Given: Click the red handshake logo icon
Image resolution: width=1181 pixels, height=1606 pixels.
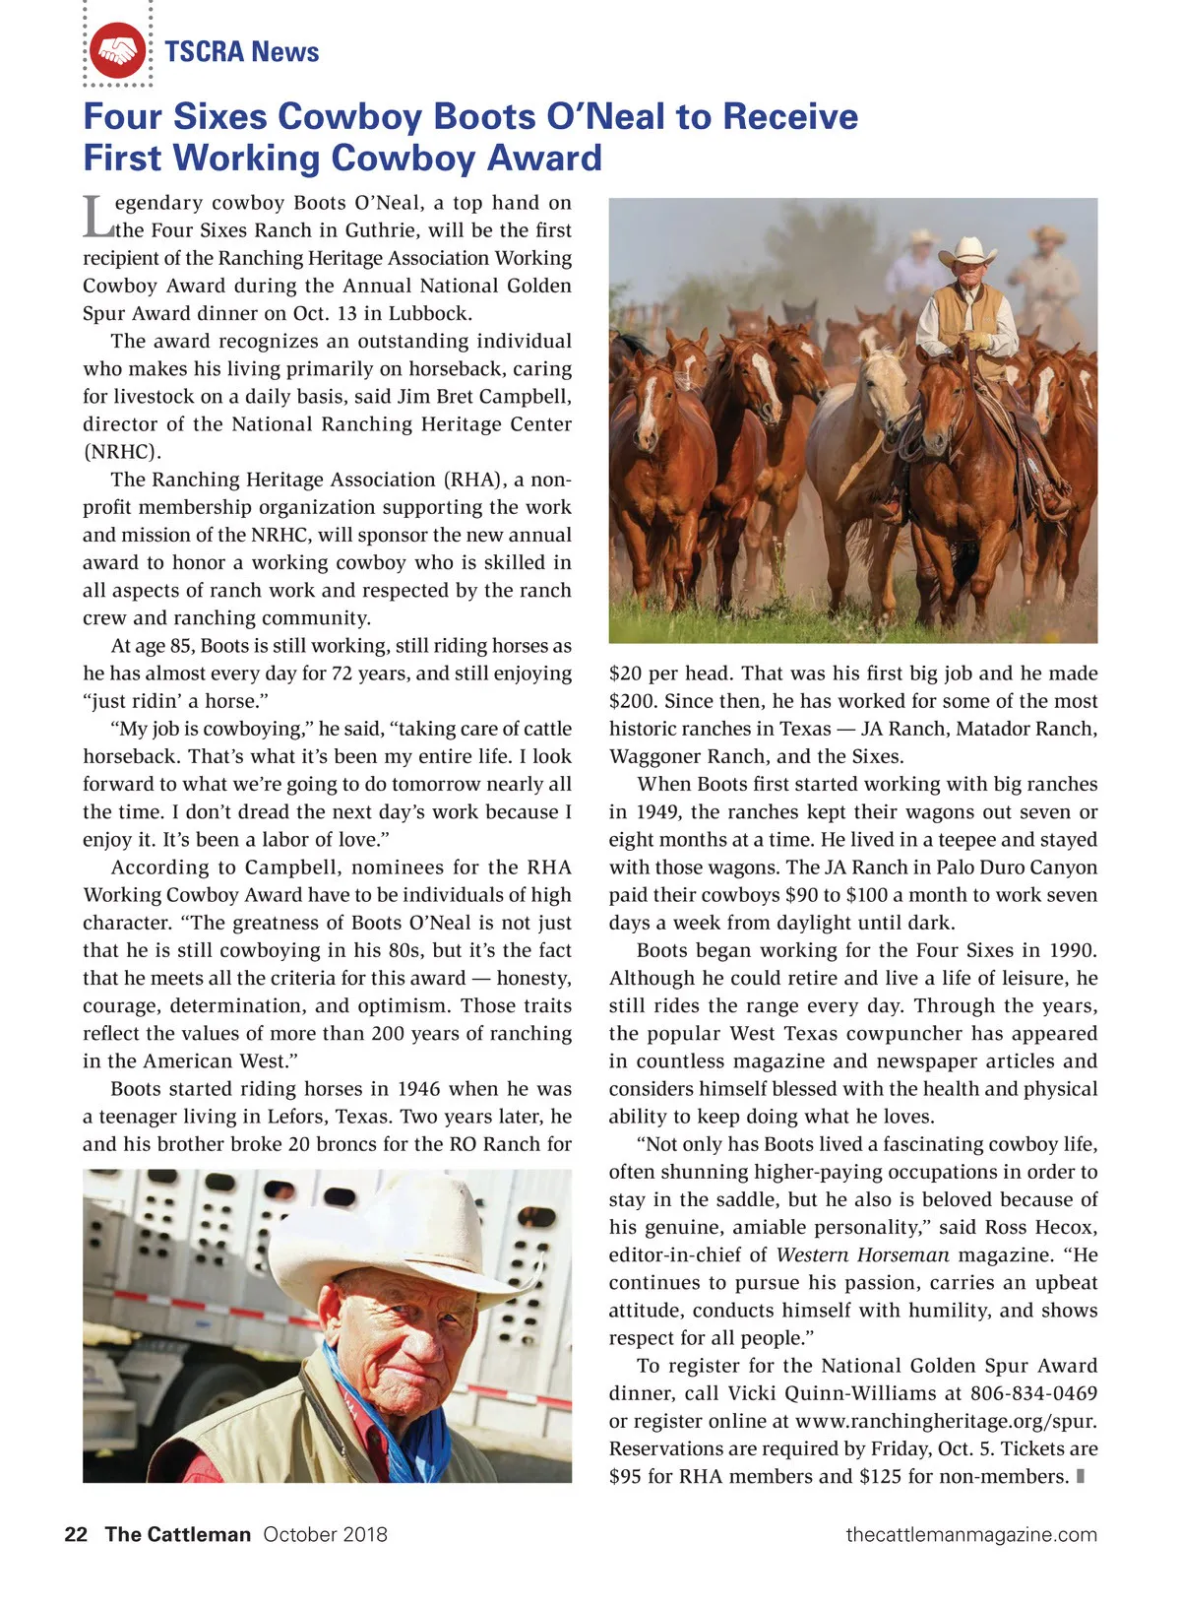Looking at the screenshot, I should [118, 51].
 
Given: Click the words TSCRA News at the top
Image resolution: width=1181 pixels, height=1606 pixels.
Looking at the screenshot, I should [242, 51].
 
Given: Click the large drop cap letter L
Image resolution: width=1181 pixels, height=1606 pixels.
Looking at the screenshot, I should [96, 217].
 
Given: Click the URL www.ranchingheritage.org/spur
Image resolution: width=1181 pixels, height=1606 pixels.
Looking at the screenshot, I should [945, 1421].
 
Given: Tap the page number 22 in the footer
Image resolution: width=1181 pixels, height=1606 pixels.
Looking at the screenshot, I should [76, 1534].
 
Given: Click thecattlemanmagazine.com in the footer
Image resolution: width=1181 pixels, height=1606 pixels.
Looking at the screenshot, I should [971, 1534].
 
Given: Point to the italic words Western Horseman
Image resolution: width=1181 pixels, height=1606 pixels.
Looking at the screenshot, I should [862, 1254].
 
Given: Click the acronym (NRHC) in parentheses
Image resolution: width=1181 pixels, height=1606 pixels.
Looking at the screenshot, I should [122, 452].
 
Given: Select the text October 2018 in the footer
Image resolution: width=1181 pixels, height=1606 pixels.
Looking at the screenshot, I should [325, 1534].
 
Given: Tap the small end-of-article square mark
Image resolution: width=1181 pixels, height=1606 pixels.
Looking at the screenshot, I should [1081, 1476].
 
